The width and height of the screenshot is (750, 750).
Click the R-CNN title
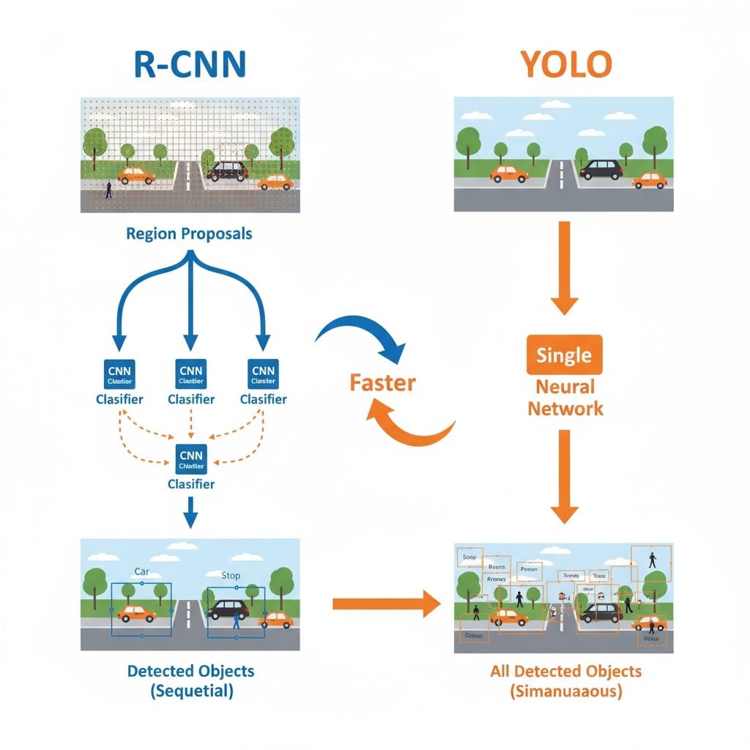pyautogui.click(x=190, y=65)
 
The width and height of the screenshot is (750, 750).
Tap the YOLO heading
pyautogui.click(x=565, y=65)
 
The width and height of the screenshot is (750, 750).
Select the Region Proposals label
pyautogui.click(x=189, y=234)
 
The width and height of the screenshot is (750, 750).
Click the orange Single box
pyautogui.click(x=564, y=355)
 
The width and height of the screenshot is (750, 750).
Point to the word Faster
pyautogui.click(x=382, y=382)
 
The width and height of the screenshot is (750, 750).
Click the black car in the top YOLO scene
pyautogui.click(x=601, y=169)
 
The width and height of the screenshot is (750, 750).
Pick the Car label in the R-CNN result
pyautogui.click(x=141, y=571)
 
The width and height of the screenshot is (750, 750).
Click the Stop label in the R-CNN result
pyautogui.click(x=230, y=575)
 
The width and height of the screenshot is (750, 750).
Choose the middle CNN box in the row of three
pyautogui.click(x=190, y=374)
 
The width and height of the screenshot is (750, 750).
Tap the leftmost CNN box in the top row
pyautogui.click(x=118, y=374)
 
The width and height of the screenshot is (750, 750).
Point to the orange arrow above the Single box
pyautogui.click(x=564, y=267)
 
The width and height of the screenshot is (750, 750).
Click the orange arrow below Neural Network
pyautogui.click(x=564, y=476)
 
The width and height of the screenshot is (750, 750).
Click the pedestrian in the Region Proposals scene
pyautogui.click(x=109, y=190)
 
